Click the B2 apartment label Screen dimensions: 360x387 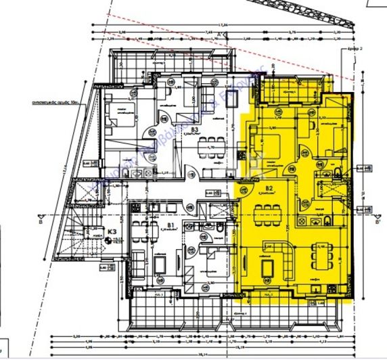pos(269,187)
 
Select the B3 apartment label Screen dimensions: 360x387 pos(194,129)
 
